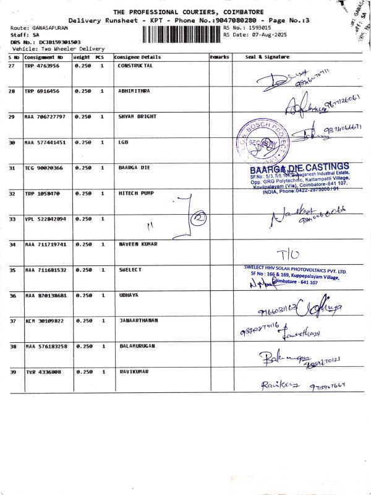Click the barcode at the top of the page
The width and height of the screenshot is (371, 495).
[x=181, y=33]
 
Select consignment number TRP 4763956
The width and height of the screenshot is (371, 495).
[x=42, y=65]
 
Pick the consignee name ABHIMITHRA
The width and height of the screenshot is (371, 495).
[x=134, y=91]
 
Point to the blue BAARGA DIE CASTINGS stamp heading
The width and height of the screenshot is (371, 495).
[x=299, y=168]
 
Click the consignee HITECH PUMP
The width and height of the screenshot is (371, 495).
[x=136, y=194]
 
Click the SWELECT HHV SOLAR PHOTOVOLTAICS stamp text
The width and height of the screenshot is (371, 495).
[x=296, y=271]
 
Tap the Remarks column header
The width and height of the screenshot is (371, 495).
[x=220, y=57]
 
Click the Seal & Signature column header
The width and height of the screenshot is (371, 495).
[x=267, y=57]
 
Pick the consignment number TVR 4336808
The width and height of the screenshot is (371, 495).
[x=43, y=372]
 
